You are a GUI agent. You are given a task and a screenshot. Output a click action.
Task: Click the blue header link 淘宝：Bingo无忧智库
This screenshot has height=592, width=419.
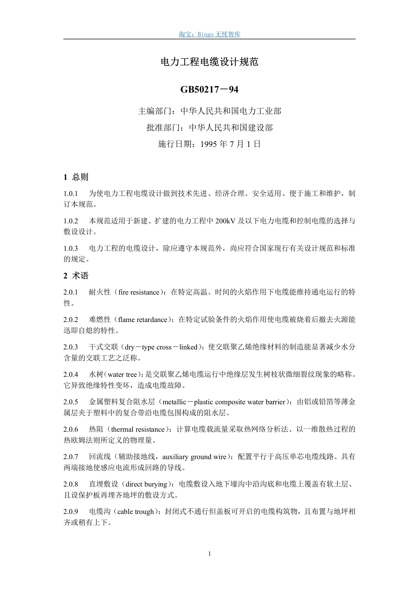(209, 34)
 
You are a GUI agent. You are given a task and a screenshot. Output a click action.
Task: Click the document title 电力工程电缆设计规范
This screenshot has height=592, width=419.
(209, 62)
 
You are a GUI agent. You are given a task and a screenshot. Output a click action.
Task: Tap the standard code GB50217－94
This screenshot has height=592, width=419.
(209, 90)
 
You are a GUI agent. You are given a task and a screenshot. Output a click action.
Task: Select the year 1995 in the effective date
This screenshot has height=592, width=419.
(209, 144)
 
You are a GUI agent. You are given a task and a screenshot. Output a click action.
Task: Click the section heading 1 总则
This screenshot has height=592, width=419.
(76, 177)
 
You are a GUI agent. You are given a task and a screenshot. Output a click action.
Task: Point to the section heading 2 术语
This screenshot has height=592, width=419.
(76, 276)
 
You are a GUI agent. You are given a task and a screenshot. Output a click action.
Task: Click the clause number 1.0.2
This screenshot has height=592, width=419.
(71, 221)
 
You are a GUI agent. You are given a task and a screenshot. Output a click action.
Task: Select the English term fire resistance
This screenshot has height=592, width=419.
(139, 292)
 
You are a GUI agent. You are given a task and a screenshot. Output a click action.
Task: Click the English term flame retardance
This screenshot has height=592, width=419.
(143, 320)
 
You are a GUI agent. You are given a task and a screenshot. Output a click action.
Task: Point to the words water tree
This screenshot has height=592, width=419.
(122, 374)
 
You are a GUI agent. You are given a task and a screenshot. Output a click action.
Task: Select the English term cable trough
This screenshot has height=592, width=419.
(136, 512)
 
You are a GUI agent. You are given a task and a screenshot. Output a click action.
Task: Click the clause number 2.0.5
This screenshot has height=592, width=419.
(71, 402)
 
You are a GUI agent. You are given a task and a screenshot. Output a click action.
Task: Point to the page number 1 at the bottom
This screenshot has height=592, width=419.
(210, 554)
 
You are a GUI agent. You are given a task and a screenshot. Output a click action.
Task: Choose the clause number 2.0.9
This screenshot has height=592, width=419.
(71, 512)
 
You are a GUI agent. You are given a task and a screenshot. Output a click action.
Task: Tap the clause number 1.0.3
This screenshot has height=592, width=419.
(71, 248)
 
